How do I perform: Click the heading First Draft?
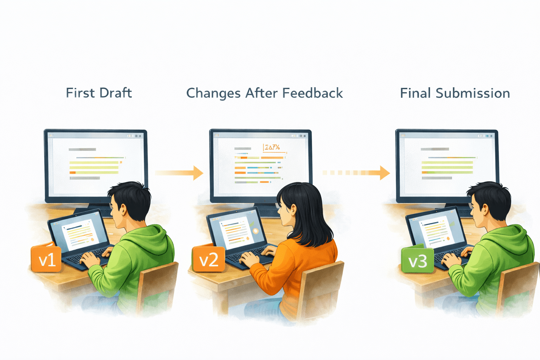[x=99, y=93]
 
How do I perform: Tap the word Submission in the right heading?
[x=472, y=93]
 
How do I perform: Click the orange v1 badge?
[x=46, y=259]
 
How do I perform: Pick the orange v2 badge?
[x=208, y=259]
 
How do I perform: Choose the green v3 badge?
[x=417, y=261]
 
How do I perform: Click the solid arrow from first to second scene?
[x=179, y=173]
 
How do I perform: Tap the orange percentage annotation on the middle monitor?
[x=272, y=147]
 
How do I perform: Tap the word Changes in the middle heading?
[x=213, y=93]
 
